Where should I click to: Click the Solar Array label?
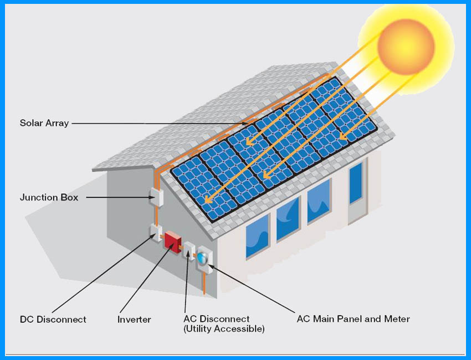44,123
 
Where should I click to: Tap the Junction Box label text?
49,197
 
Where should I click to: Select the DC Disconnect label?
53,320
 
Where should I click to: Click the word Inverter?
134,320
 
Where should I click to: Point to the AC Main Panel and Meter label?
354,319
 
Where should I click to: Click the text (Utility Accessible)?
224,329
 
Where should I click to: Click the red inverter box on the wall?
172,242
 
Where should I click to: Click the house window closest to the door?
319,201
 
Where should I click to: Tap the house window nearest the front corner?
257,235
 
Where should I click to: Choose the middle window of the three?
288,218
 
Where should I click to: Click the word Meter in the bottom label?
397,319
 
